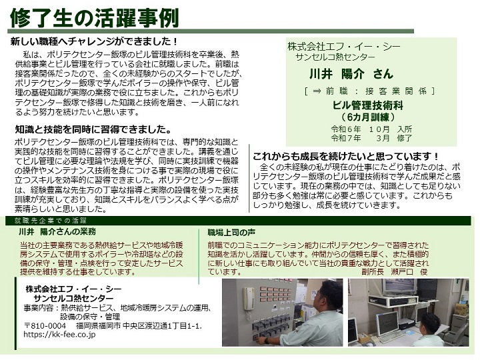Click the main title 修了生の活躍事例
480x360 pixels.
94,17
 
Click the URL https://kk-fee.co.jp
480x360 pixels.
59,335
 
